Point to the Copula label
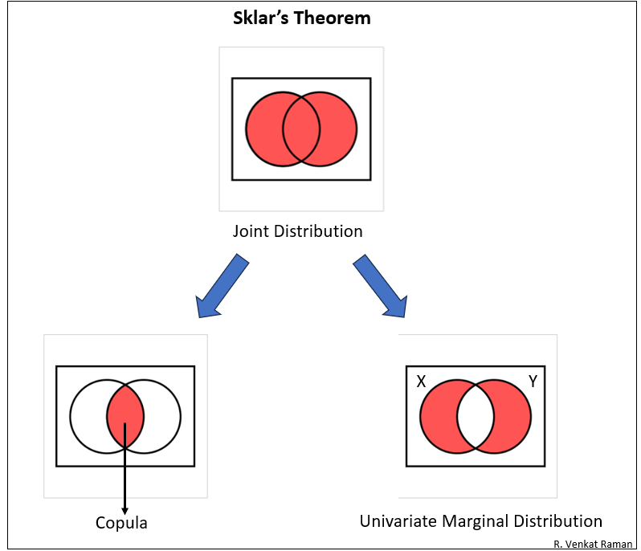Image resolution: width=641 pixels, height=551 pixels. [121, 523]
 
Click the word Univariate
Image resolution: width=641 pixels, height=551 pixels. [397, 520]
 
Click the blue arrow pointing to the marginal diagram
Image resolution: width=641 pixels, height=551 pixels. [381, 286]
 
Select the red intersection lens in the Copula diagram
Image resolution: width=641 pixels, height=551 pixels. [125, 416]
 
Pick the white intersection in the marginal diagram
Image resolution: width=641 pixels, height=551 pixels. [476, 416]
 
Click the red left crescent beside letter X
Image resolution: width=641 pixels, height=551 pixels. [438, 416]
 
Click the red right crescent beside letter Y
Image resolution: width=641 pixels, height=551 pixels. [513, 416]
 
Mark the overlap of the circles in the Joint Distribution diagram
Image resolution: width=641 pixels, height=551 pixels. [301, 129]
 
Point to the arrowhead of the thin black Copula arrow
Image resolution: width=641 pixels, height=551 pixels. [125, 509]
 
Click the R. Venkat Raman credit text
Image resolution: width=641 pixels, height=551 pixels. [593, 544]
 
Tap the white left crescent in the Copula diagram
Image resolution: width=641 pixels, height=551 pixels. [88, 416]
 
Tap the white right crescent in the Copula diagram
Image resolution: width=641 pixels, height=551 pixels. [163, 416]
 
